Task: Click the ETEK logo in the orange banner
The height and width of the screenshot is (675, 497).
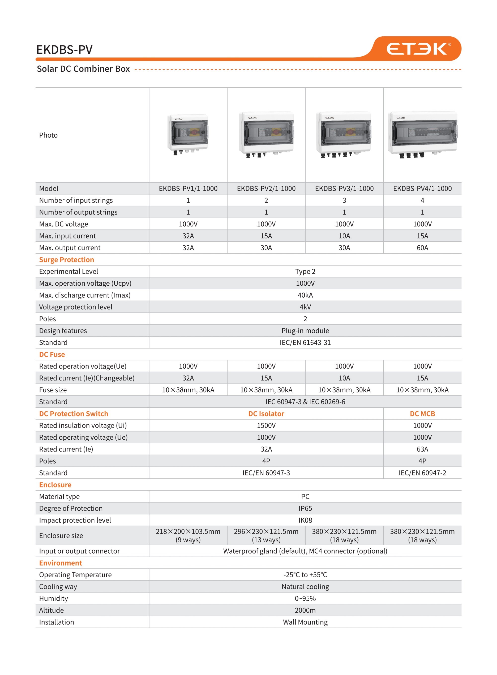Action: [x=418, y=49]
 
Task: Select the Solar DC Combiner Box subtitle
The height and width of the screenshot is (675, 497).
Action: [x=83, y=69]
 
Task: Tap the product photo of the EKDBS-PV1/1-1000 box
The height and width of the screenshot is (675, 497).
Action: [x=188, y=134]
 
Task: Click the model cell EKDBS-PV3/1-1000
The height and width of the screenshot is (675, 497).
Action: [x=344, y=189]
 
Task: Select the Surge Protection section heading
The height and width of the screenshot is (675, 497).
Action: [x=67, y=260]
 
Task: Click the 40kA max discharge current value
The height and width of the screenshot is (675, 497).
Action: [x=305, y=295]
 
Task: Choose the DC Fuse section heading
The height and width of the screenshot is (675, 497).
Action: [x=52, y=355]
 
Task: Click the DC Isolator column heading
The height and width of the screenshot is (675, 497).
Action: [x=266, y=414]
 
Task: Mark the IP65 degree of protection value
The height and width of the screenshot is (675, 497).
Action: [x=305, y=509]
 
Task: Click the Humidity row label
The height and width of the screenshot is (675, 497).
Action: [x=53, y=599]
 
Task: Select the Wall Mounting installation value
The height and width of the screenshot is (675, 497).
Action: [x=305, y=622]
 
